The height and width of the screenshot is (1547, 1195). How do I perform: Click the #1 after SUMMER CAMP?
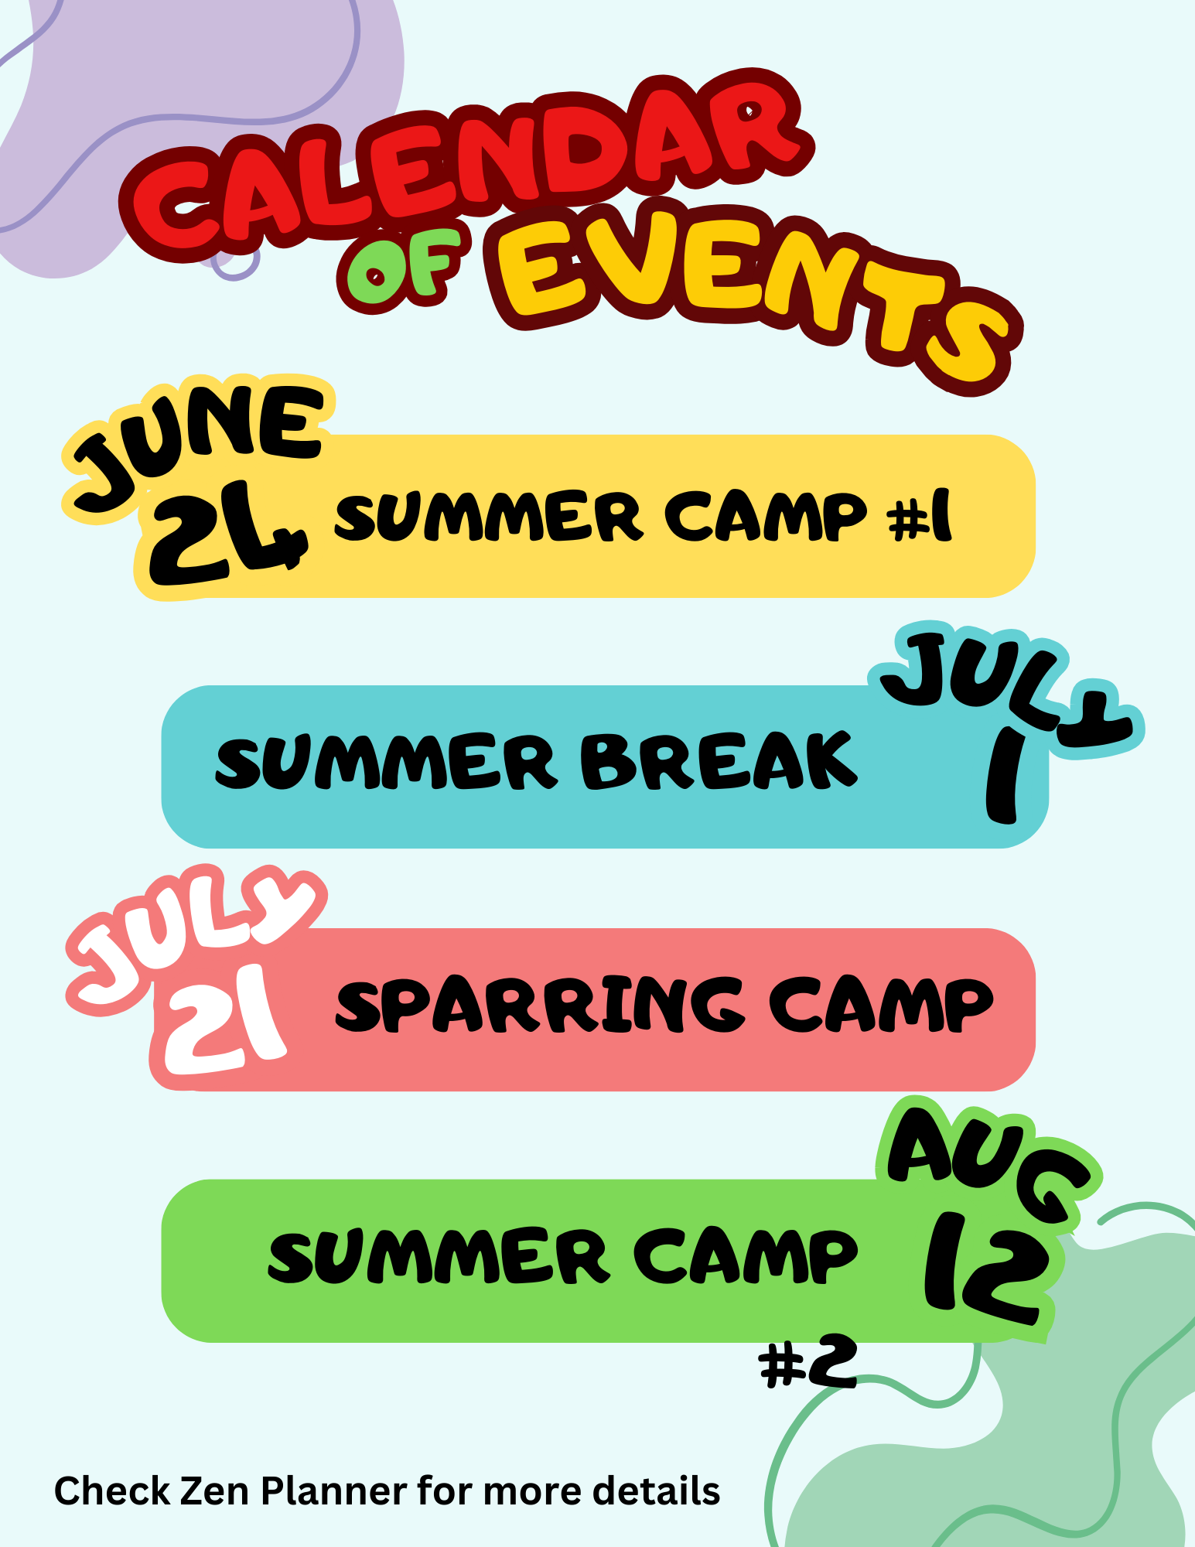[x=920, y=517]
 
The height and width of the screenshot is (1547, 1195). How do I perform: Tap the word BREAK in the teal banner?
[x=719, y=761]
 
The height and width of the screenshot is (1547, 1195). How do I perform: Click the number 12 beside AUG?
[x=986, y=1265]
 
